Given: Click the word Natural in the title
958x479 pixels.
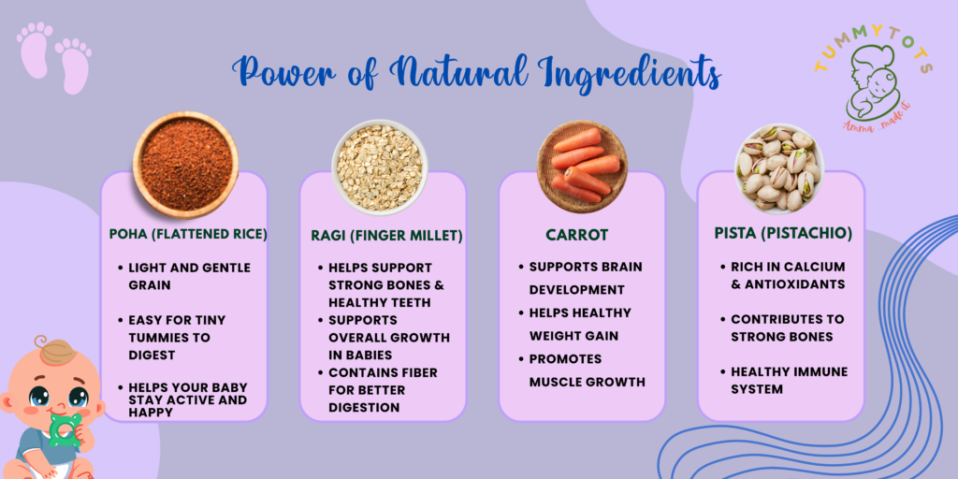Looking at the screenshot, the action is coord(457,73).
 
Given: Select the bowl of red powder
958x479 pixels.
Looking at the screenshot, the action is coord(186,165).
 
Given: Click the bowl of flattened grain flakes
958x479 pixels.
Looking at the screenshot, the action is coord(380,167).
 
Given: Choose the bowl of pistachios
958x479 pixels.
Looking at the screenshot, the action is coord(779,168).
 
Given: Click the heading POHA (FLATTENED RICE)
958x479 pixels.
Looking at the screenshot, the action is coord(188,234).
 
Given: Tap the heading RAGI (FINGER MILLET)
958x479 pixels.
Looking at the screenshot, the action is coord(386,235).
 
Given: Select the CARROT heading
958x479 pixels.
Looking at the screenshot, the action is coord(576,235).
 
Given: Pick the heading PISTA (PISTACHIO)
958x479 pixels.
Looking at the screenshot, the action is coord(783,234).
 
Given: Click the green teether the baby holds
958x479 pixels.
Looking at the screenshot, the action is coord(65,428).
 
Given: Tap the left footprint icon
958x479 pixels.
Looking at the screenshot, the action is coord(35,51).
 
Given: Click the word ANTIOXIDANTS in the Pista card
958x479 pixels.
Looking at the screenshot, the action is coord(794,284).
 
